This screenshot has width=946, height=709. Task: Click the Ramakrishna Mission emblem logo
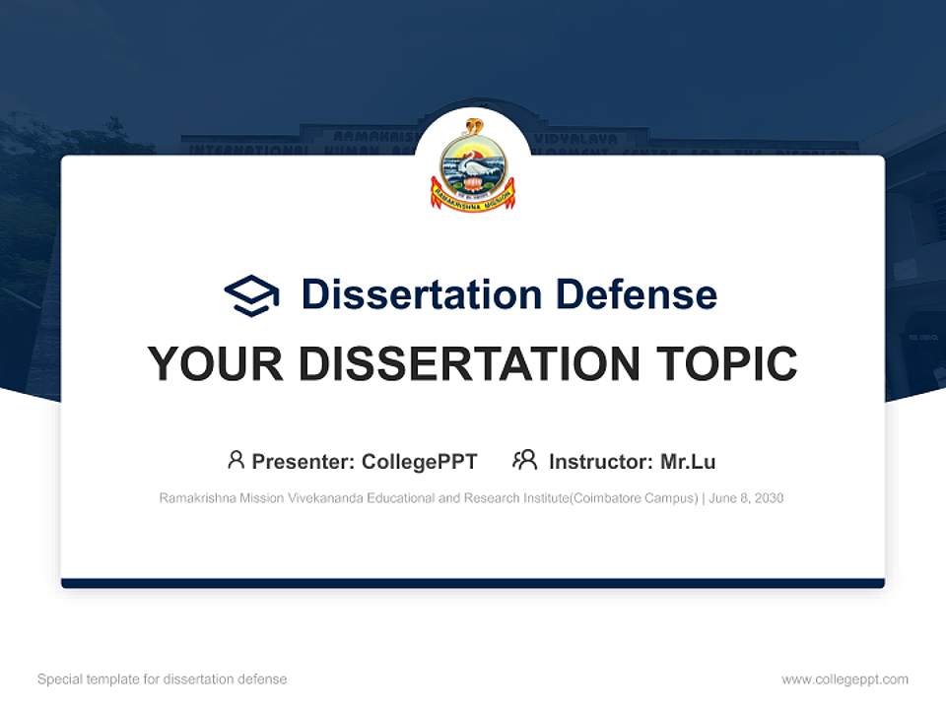(x=473, y=163)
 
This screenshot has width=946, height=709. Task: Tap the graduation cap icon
(x=251, y=294)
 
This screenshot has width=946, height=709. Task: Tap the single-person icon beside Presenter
(x=236, y=460)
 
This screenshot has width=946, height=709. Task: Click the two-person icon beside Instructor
(x=524, y=460)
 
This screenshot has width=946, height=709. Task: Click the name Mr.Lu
(x=688, y=461)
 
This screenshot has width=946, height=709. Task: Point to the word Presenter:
(x=304, y=461)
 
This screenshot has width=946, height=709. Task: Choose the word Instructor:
(x=601, y=461)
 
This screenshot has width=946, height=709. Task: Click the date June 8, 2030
(x=747, y=498)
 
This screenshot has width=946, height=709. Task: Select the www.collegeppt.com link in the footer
(x=845, y=679)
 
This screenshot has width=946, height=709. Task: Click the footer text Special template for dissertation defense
(x=163, y=679)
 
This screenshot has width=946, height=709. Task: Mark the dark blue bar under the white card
(x=473, y=583)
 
